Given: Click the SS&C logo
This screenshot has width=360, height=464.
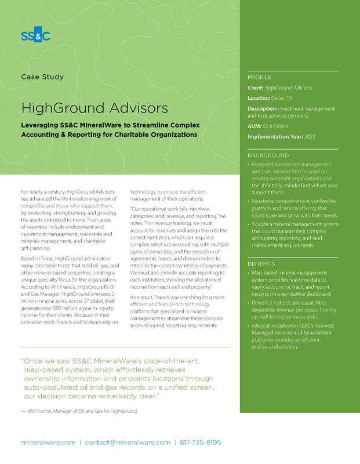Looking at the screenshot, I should (36, 36).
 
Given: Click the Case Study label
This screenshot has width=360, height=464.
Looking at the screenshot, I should (42, 77).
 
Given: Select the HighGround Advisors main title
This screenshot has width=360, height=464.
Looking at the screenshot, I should (94, 108).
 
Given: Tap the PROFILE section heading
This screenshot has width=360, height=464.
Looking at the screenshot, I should (259, 77).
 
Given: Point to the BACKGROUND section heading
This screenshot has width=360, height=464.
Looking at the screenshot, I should (268, 155).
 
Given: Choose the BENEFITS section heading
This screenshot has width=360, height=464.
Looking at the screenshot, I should (262, 264).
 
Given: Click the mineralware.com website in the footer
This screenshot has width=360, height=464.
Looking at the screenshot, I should (48, 442).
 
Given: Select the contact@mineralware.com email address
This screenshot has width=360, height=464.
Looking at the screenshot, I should (128, 442).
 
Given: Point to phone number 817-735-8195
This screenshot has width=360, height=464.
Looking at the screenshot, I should (201, 442).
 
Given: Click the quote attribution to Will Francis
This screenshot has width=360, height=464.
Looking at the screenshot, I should (79, 411).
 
